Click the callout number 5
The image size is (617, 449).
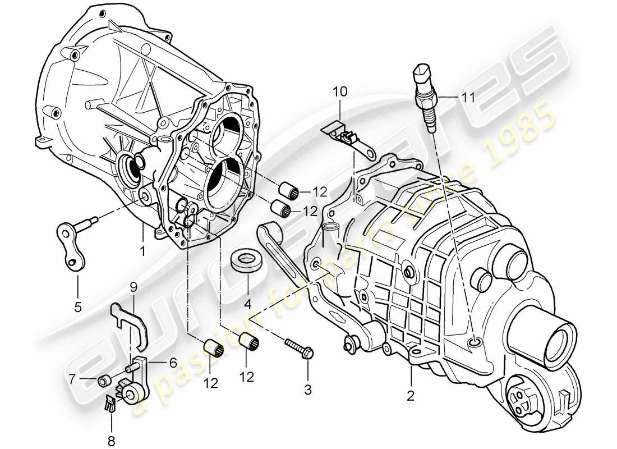[77, 306]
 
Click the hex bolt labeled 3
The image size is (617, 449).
[467, 97]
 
